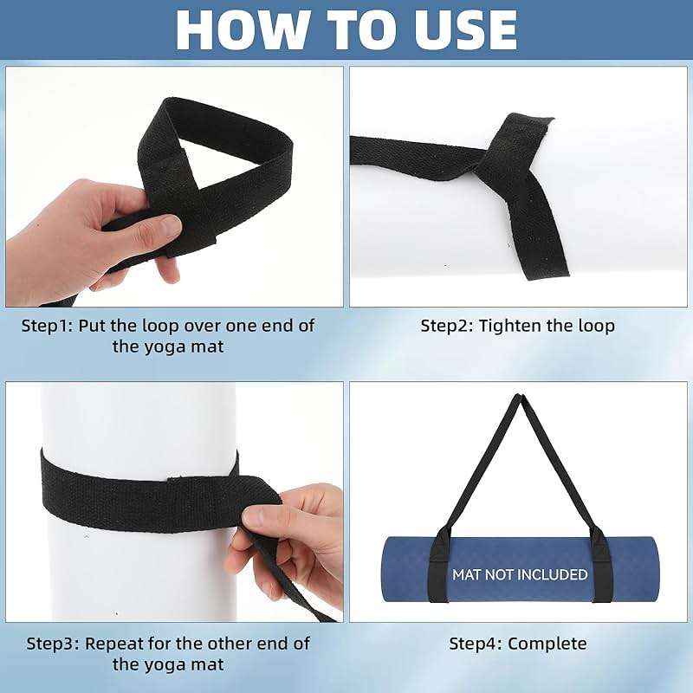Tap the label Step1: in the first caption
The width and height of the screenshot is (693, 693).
click(48, 327)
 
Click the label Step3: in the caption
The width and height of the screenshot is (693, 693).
click(53, 644)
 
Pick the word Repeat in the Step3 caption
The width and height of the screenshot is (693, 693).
click(114, 644)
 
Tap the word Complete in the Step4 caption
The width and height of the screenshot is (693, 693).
click(547, 644)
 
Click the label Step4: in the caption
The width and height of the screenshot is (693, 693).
click(476, 644)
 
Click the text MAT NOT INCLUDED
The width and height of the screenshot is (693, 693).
click(520, 574)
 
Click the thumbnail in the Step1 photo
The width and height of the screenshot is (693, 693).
click(169, 225)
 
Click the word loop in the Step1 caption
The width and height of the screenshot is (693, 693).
click(160, 327)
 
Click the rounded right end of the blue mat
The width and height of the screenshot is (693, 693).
click(653, 569)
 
